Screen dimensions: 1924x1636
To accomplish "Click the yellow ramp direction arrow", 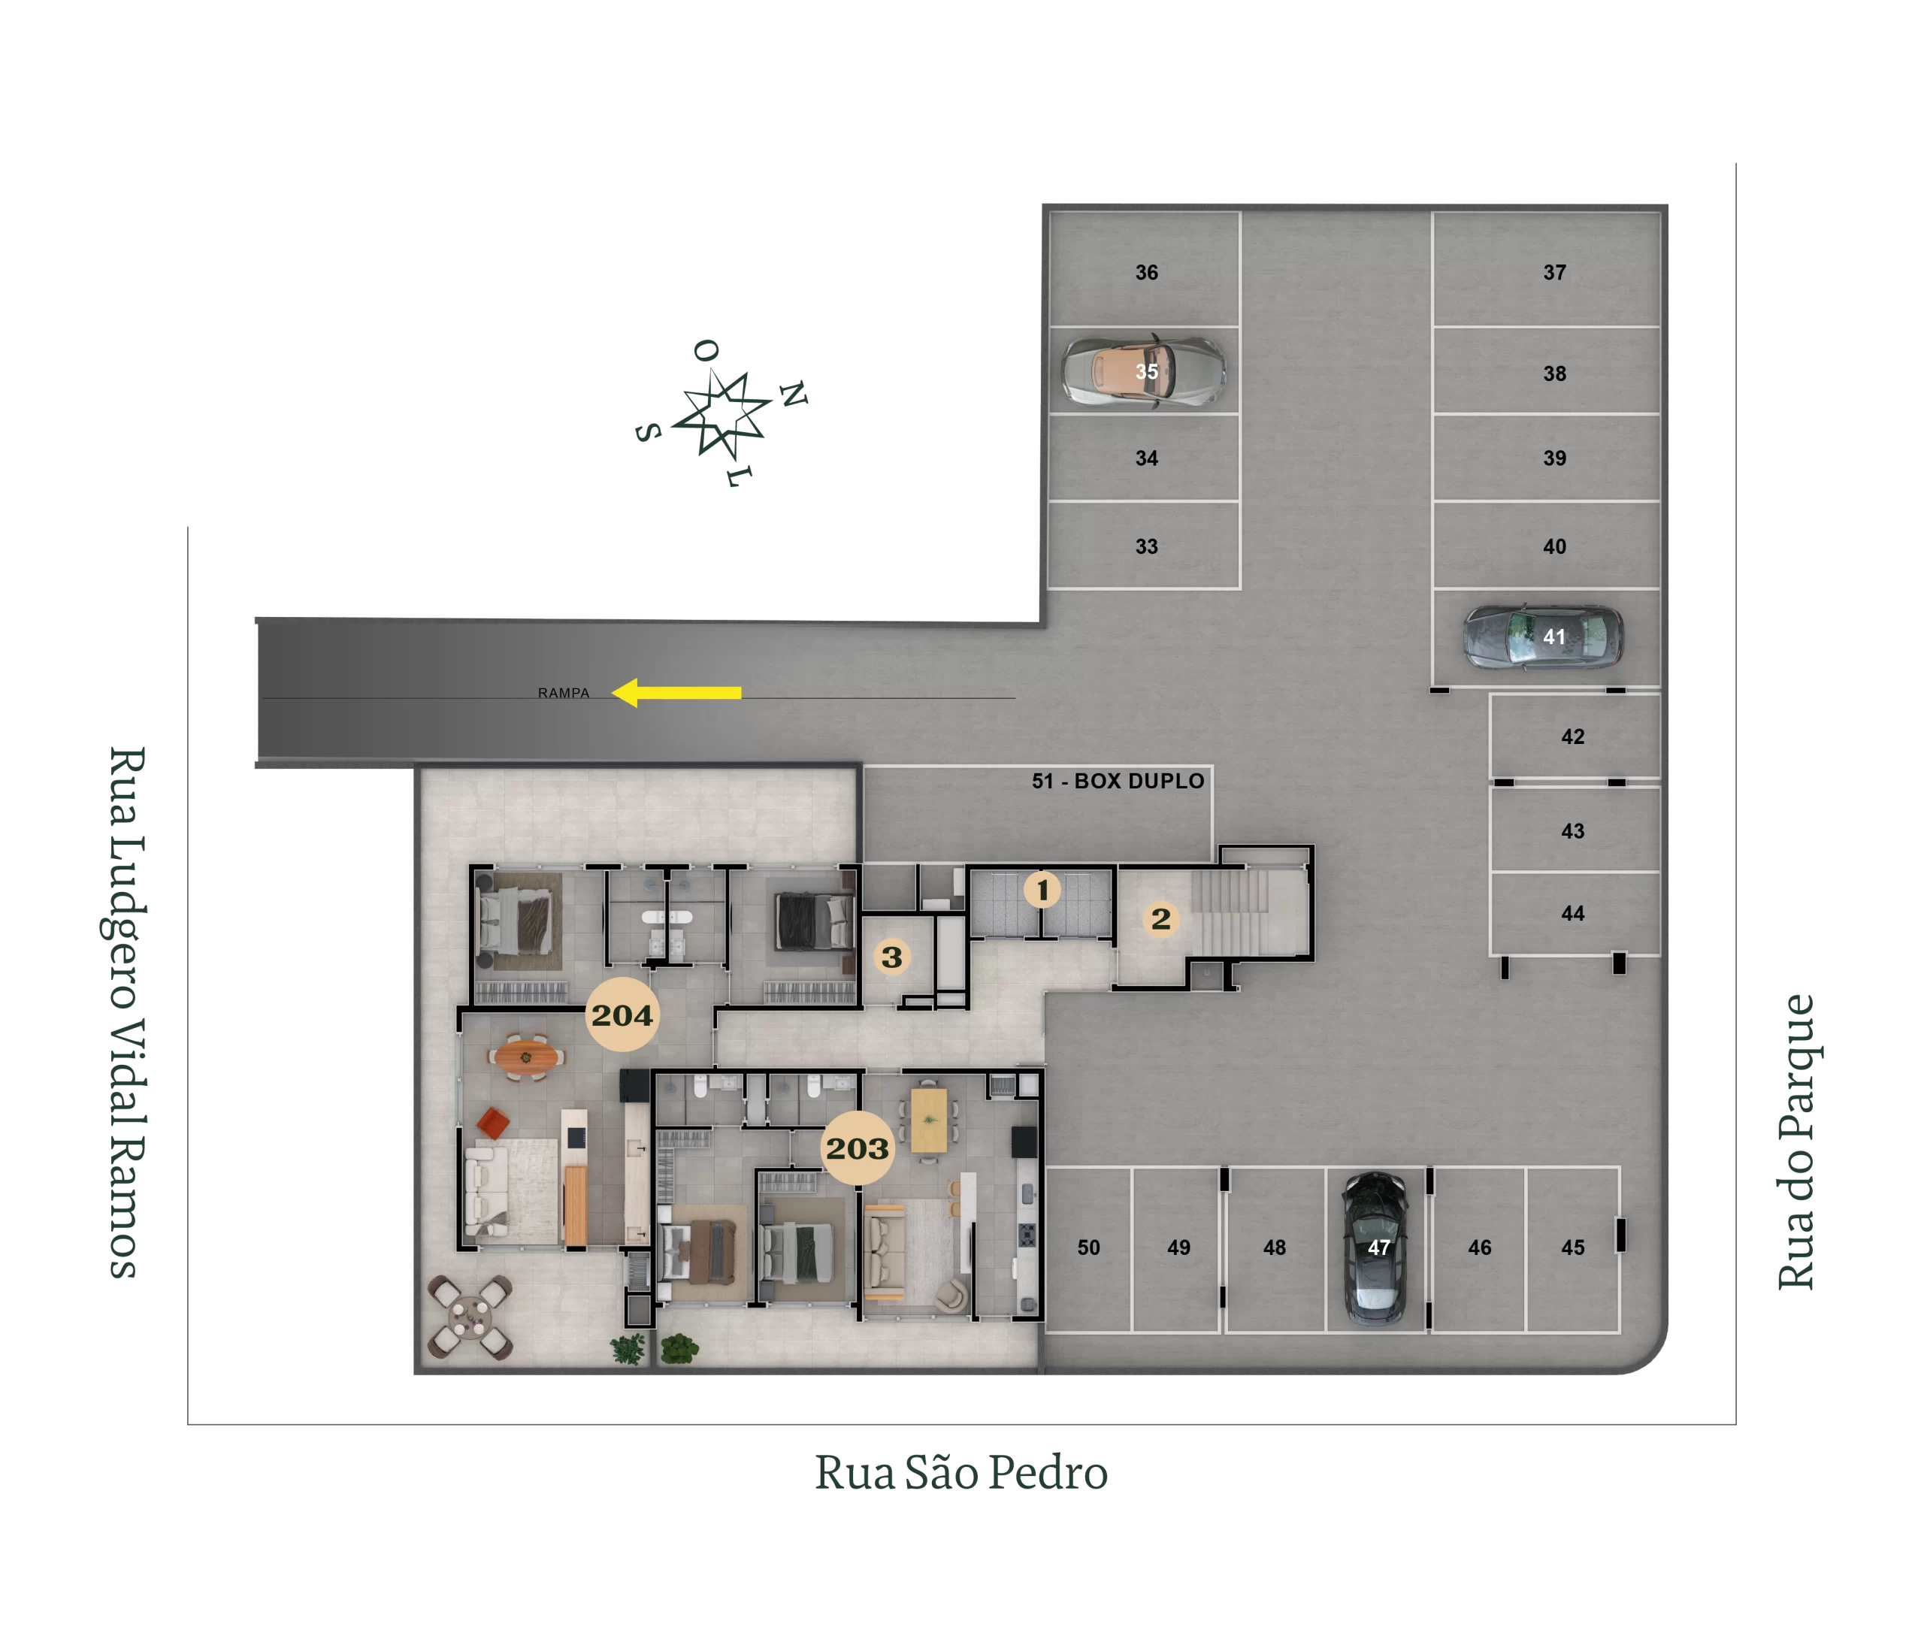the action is (676, 692).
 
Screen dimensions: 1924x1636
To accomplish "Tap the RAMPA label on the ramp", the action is (563, 693).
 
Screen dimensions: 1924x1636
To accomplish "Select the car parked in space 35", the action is (1143, 371).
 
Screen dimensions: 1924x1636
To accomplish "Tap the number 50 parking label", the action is (1088, 1247).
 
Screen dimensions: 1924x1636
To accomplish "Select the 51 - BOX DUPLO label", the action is (1118, 781).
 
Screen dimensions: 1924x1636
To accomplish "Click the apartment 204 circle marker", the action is (622, 1015).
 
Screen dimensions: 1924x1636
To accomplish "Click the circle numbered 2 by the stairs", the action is (1160, 919).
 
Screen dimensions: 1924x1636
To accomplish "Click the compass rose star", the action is (721, 413).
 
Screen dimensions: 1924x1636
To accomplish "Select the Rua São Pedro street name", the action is (961, 1473).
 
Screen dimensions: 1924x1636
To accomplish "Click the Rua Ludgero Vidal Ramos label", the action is (126, 1013).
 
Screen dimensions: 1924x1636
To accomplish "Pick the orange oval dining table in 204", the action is (526, 1057).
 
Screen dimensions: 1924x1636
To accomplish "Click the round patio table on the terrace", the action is (470, 1316).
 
